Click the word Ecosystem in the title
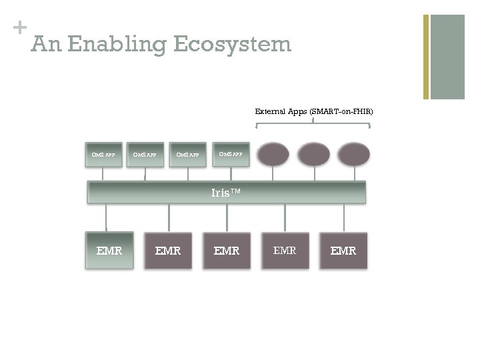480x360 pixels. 232,45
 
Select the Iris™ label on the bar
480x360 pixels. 226,193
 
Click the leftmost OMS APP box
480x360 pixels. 103,155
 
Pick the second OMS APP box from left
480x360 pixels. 145,155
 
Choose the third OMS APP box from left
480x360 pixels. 187,155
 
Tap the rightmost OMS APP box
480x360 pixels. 230,154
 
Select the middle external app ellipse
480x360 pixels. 313,154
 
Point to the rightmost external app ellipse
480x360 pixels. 353,154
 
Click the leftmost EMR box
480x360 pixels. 109,251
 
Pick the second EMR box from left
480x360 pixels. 168,251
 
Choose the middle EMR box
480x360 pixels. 227,251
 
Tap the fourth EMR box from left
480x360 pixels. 285,251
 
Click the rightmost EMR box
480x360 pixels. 343,251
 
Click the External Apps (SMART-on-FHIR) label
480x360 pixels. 313,111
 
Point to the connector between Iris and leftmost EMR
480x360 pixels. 106,217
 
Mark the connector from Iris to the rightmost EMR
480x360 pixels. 344,217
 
